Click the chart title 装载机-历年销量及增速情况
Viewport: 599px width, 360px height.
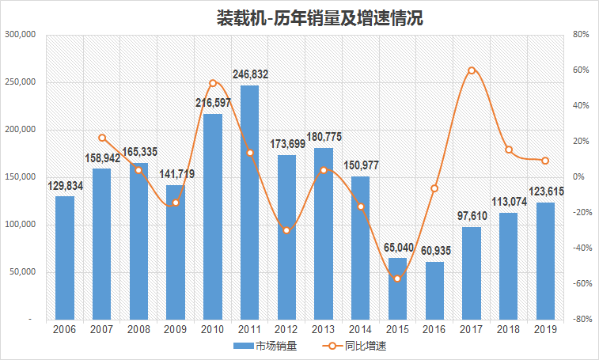320,17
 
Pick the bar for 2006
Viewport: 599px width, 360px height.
65,257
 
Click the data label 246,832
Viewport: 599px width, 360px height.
250,74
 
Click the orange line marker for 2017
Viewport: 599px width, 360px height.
472,70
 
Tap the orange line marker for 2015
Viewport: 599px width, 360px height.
397,279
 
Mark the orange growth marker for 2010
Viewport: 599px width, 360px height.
213,83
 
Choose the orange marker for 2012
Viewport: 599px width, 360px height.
286,230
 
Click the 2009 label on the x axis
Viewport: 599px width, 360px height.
176,329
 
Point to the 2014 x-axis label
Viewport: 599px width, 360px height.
360,329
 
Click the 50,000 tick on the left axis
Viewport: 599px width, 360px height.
22,272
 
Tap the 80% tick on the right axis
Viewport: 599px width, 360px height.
582,35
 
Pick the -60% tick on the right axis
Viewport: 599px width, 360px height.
580,284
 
